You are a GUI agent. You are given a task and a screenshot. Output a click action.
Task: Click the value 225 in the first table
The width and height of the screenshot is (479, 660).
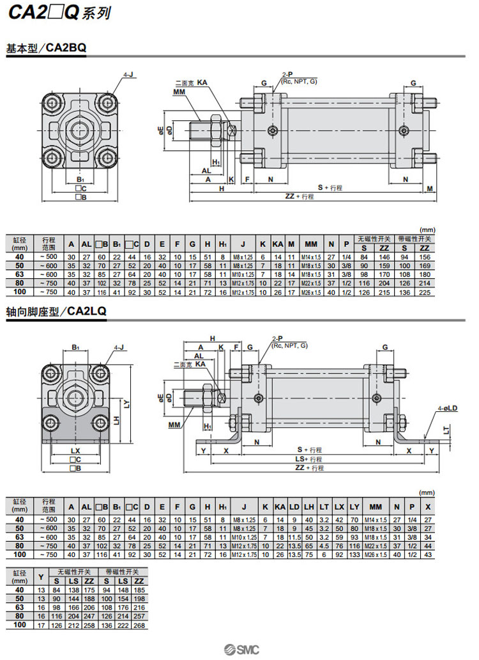coord(425,292)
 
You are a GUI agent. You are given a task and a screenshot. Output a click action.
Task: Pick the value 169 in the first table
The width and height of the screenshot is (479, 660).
coord(425,265)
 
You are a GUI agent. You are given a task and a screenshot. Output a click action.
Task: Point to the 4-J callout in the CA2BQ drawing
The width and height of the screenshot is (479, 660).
coord(127,75)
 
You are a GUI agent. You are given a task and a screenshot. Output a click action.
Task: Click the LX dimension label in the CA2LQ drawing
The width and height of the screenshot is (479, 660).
coord(75,451)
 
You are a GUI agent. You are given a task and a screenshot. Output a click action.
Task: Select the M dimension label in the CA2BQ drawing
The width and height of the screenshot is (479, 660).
coord(430,188)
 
